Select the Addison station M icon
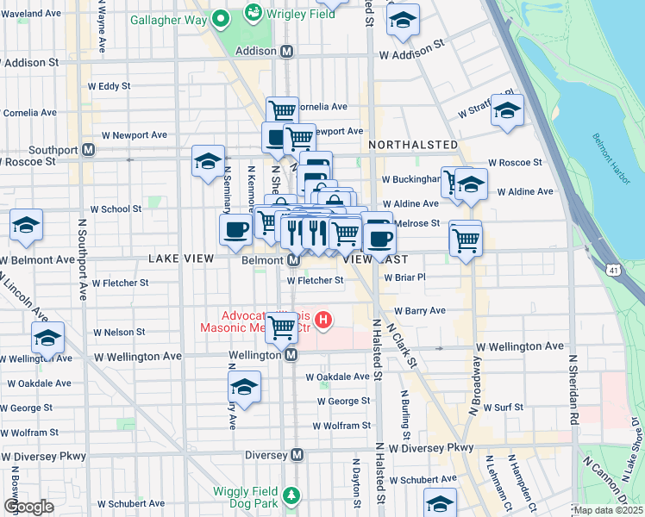(286, 52)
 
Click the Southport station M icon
(88, 150)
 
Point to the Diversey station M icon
(297, 455)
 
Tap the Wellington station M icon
(291, 354)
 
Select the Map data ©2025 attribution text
(608, 510)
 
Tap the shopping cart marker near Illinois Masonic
(282, 326)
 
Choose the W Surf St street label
(504, 407)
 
